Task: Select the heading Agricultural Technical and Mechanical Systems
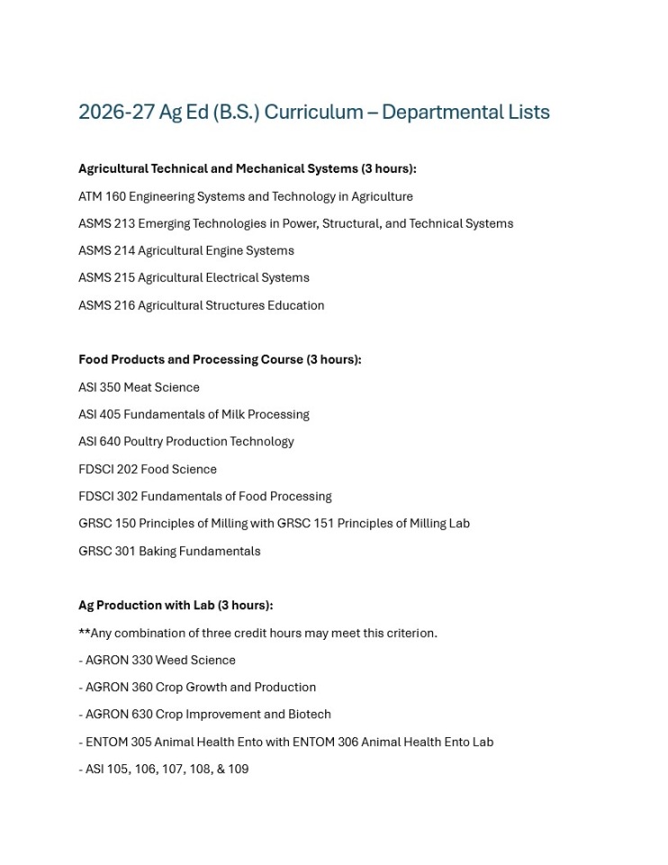[218, 168]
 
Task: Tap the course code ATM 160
[102, 196]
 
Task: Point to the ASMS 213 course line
[295, 223]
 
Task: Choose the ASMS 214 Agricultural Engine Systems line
[185, 250]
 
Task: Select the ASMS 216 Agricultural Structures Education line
[201, 305]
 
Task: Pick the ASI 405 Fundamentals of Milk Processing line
[194, 414]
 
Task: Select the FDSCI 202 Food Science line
[148, 469]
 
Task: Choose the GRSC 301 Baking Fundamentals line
[169, 551]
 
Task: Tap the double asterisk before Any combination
[84, 633]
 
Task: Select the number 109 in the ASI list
[238, 769]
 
